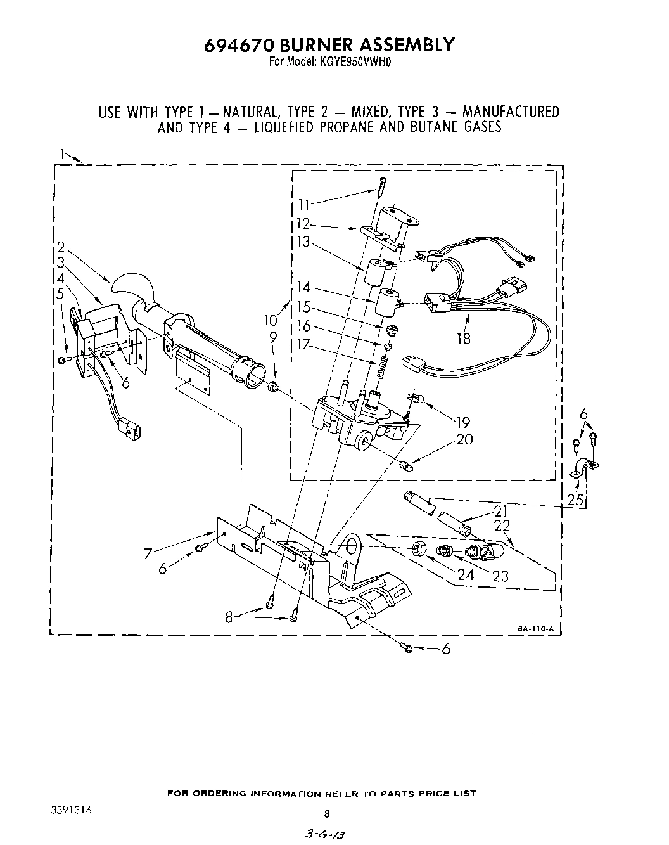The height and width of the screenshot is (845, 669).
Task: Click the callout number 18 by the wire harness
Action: coord(464,339)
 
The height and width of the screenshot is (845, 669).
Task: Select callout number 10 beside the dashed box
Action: coord(272,320)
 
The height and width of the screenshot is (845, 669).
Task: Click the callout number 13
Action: coord(304,242)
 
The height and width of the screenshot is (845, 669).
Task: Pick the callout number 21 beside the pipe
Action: coord(502,512)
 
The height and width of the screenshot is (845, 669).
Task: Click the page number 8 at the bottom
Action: coord(327,814)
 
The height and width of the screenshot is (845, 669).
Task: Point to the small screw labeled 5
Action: coord(63,360)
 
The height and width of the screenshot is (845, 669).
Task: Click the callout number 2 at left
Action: coord(61,247)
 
